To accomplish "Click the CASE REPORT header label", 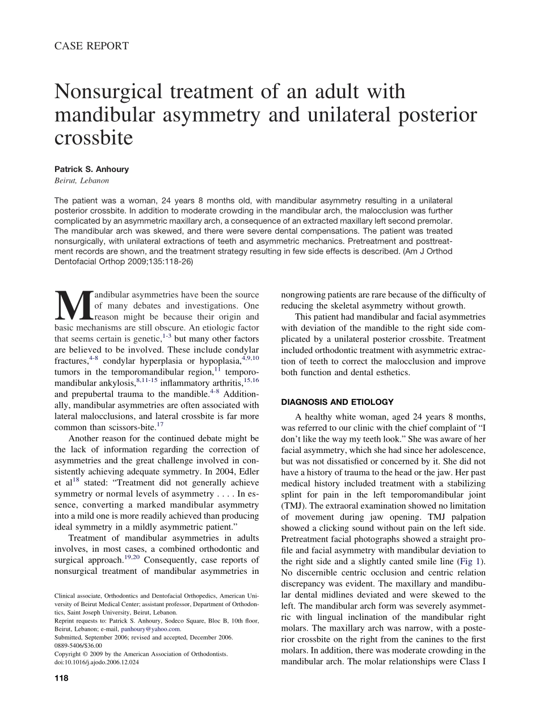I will point(91,46).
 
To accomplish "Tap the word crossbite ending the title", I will point(94,138).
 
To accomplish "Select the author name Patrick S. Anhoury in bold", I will point(92,169).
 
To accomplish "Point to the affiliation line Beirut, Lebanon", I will point(82,180).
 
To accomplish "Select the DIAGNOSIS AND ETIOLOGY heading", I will point(337,402).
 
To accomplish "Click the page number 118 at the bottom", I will point(61,678).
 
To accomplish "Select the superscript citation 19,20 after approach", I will point(133,557).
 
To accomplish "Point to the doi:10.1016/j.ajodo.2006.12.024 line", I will point(96,662).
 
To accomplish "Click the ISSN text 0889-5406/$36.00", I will point(78,645).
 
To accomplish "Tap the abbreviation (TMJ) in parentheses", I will point(293,506).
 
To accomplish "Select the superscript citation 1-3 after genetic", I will point(167,336).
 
